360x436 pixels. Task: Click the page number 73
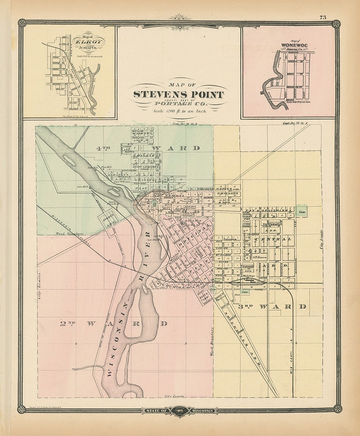(322, 17)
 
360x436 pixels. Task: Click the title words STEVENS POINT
(178, 95)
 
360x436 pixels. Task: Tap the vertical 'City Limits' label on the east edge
(322, 239)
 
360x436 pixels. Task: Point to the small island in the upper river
(70, 160)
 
